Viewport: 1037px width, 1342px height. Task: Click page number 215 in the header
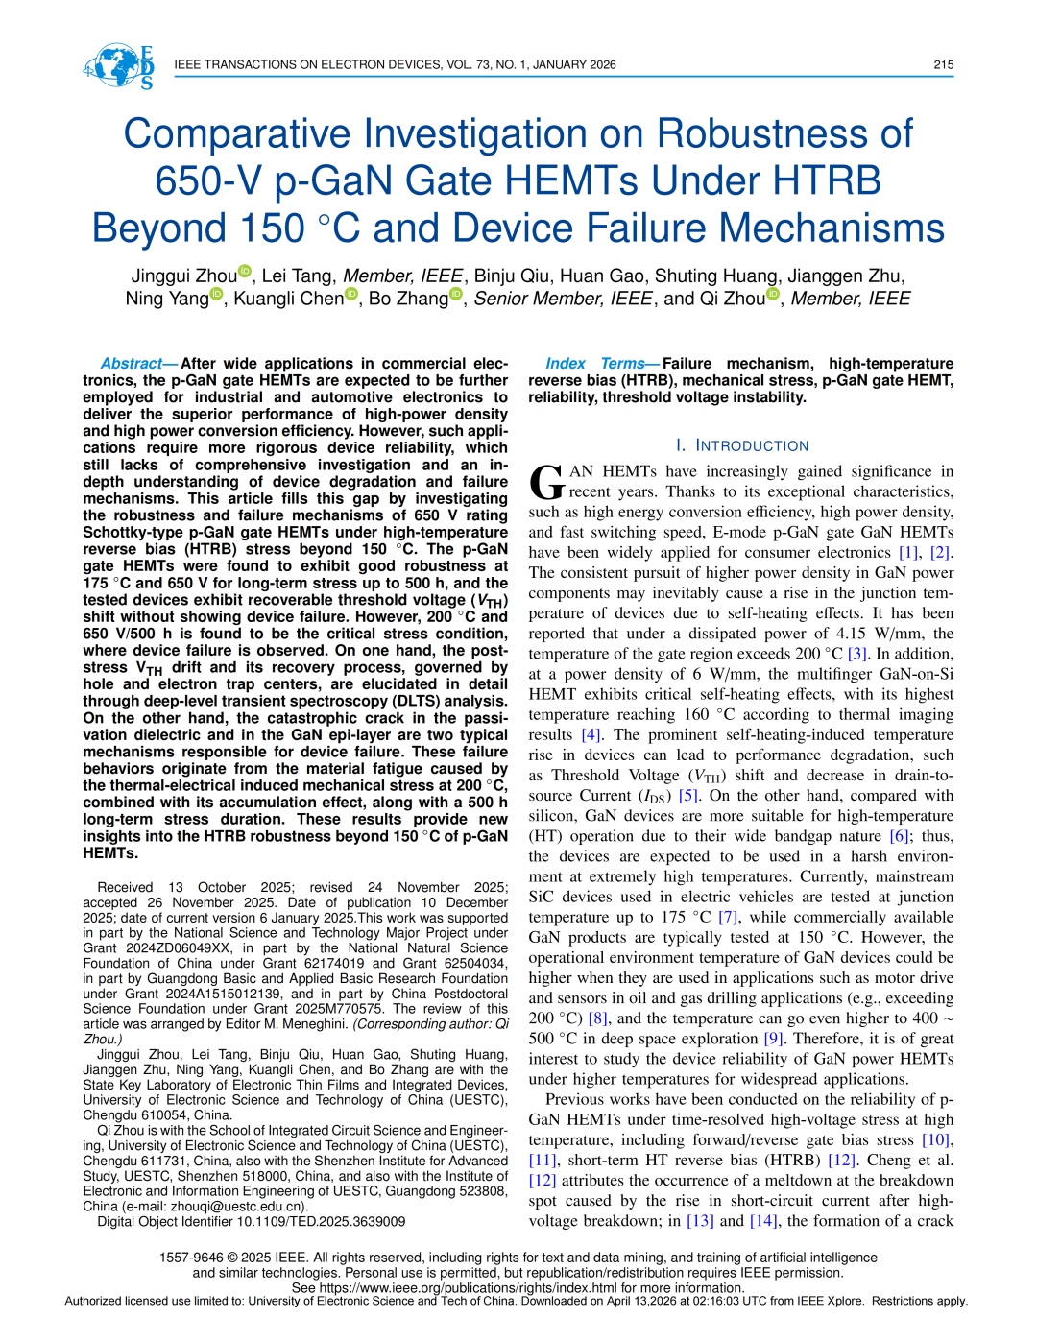point(943,65)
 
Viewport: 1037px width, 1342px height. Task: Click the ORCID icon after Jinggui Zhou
point(245,272)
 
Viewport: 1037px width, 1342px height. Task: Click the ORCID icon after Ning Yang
point(217,294)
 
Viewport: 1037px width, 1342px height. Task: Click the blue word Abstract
point(132,364)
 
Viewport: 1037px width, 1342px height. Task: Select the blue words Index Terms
point(595,364)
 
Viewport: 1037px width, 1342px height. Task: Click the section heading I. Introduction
point(742,445)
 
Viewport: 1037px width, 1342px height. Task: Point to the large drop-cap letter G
point(546,482)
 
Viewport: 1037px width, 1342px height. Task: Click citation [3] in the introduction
point(856,654)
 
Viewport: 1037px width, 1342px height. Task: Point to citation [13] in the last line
point(700,1221)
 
